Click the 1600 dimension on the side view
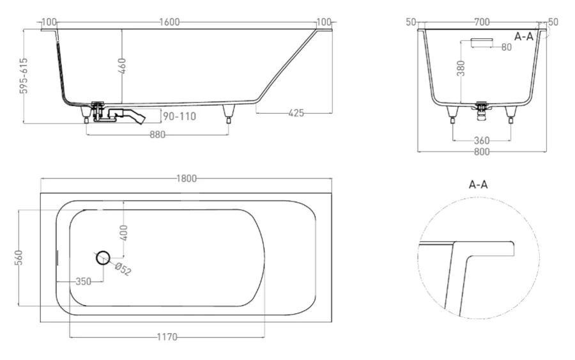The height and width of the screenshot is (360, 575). pos(169,22)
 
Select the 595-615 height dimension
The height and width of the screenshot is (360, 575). pos(24,76)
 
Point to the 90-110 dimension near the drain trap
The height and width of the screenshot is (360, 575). pos(179,116)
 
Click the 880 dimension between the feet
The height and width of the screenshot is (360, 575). pos(157,134)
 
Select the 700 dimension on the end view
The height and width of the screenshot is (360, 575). pos(482,22)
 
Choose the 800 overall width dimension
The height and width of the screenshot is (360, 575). pos(482,152)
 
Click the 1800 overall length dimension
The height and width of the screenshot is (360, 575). pos(187,178)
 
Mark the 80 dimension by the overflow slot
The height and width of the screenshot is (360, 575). pos(507,47)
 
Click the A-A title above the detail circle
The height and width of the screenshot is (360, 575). pos(479,185)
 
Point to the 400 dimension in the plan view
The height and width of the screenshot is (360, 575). pos(124,231)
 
